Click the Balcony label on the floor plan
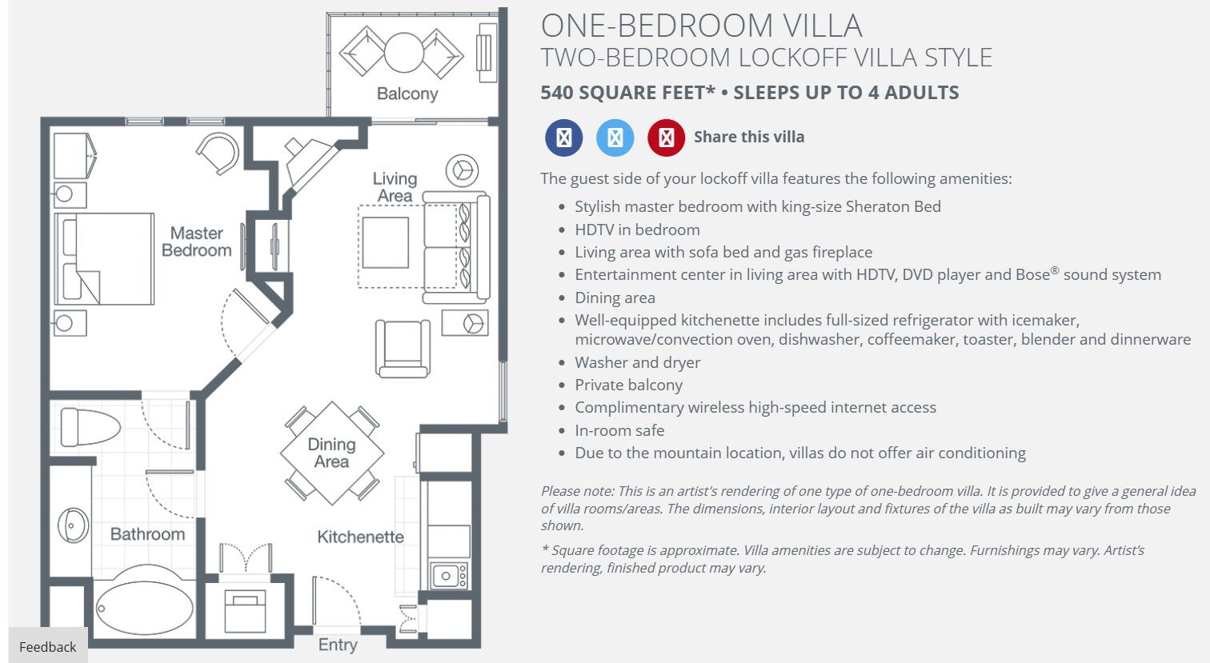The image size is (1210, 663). pos(407,94)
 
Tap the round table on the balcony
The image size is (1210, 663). pos(403,52)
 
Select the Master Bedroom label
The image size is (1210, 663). pos(197,242)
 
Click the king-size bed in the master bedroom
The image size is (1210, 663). pos(104,258)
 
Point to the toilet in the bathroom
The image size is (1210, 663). pos(90,426)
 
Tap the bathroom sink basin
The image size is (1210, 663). pos(72,525)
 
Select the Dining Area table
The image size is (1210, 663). pos(332,453)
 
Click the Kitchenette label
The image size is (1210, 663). pos(360,537)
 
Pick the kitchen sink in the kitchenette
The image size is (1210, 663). pos(448,576)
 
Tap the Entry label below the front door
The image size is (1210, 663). pos(338,645)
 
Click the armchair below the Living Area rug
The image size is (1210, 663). pos(403,348)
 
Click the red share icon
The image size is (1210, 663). pos(666,138)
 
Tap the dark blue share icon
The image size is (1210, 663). pos(564,138)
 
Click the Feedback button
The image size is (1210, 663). pos(47,646)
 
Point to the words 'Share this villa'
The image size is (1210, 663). pos(749,137)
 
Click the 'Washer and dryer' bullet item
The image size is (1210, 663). pos(637,362)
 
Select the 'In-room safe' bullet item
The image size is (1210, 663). pos(619,430)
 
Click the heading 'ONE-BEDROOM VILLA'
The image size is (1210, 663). pos(701,26)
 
